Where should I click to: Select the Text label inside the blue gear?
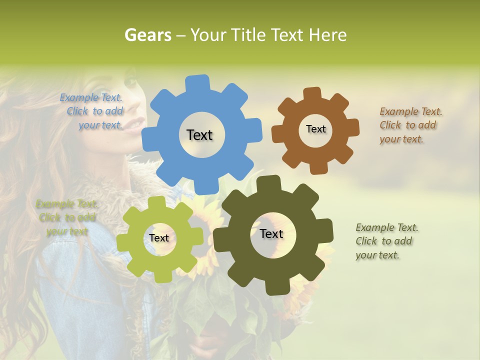tap(199, 135)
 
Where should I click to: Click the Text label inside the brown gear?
tap(315, 129)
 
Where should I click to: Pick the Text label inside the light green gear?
tap(158, 238)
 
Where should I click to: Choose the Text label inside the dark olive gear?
tap(271, 233)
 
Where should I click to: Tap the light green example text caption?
tap(66, 217)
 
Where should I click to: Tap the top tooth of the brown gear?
tap(312, 93)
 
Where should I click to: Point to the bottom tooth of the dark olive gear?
tap(276, 287)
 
